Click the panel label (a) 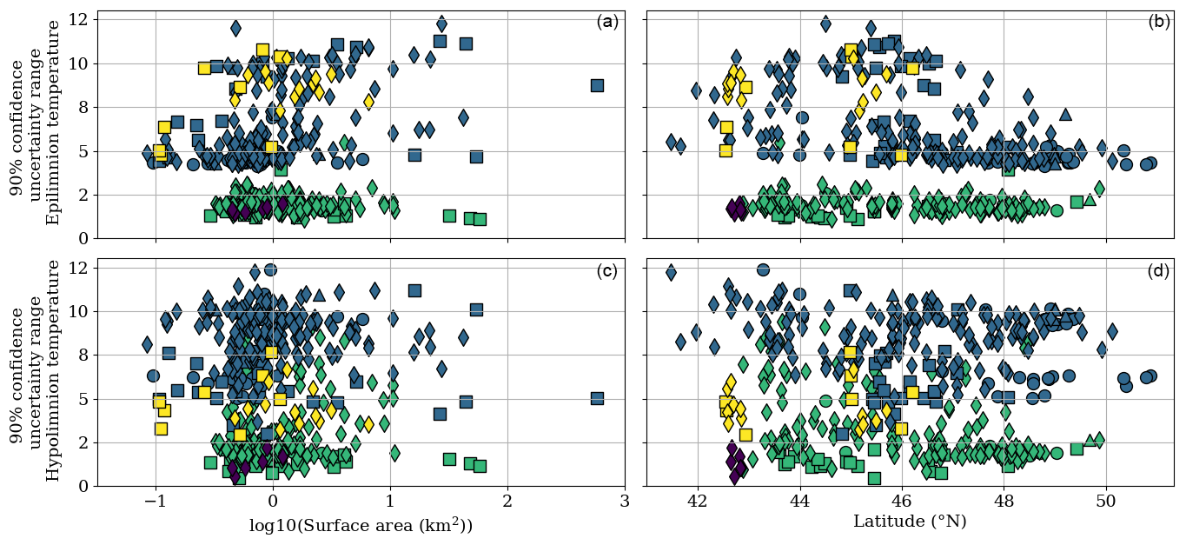click(607, 23)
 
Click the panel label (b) click(1159, 23)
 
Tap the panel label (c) click(607, 271)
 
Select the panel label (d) click(1159, 271)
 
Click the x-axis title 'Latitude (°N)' click(910, 522)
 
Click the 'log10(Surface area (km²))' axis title click(361, 524)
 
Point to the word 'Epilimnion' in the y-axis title click(54, 173)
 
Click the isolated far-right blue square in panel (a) click(597, 85)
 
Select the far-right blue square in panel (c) click(597, 398)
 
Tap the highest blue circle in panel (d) click(763, 269)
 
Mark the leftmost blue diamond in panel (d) click(671, 273)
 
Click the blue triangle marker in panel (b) click(1065, 115)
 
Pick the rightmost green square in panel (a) click(480, 219)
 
